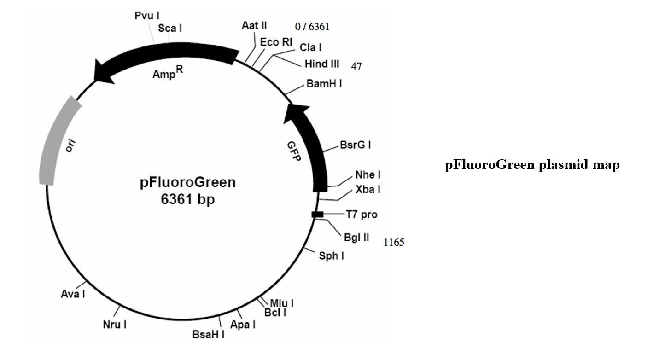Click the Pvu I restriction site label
point(147,16)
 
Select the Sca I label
point(170,28)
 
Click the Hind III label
point(322,64)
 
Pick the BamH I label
point(324,83)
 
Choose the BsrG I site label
point(356,145)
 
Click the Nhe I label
point(367,175)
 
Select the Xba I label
point(367,189)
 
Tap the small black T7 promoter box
point(318,214)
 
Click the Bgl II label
point(356,238)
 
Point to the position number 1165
point(394,242)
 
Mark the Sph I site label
point(332,255)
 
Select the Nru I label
point(115,325)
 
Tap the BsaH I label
point(209,334)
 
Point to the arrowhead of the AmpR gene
point(103,72)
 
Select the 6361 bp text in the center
point(187,200)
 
